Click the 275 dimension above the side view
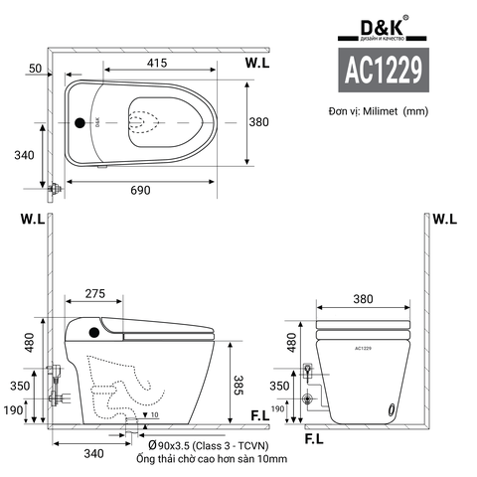pos(95,294)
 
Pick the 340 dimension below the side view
pos(93,454)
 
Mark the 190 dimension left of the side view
pos(15,409)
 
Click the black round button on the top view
pos(81,123)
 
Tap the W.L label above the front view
pos(444,220)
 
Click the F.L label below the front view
pos(314,437)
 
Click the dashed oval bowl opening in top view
pos(145,122)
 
